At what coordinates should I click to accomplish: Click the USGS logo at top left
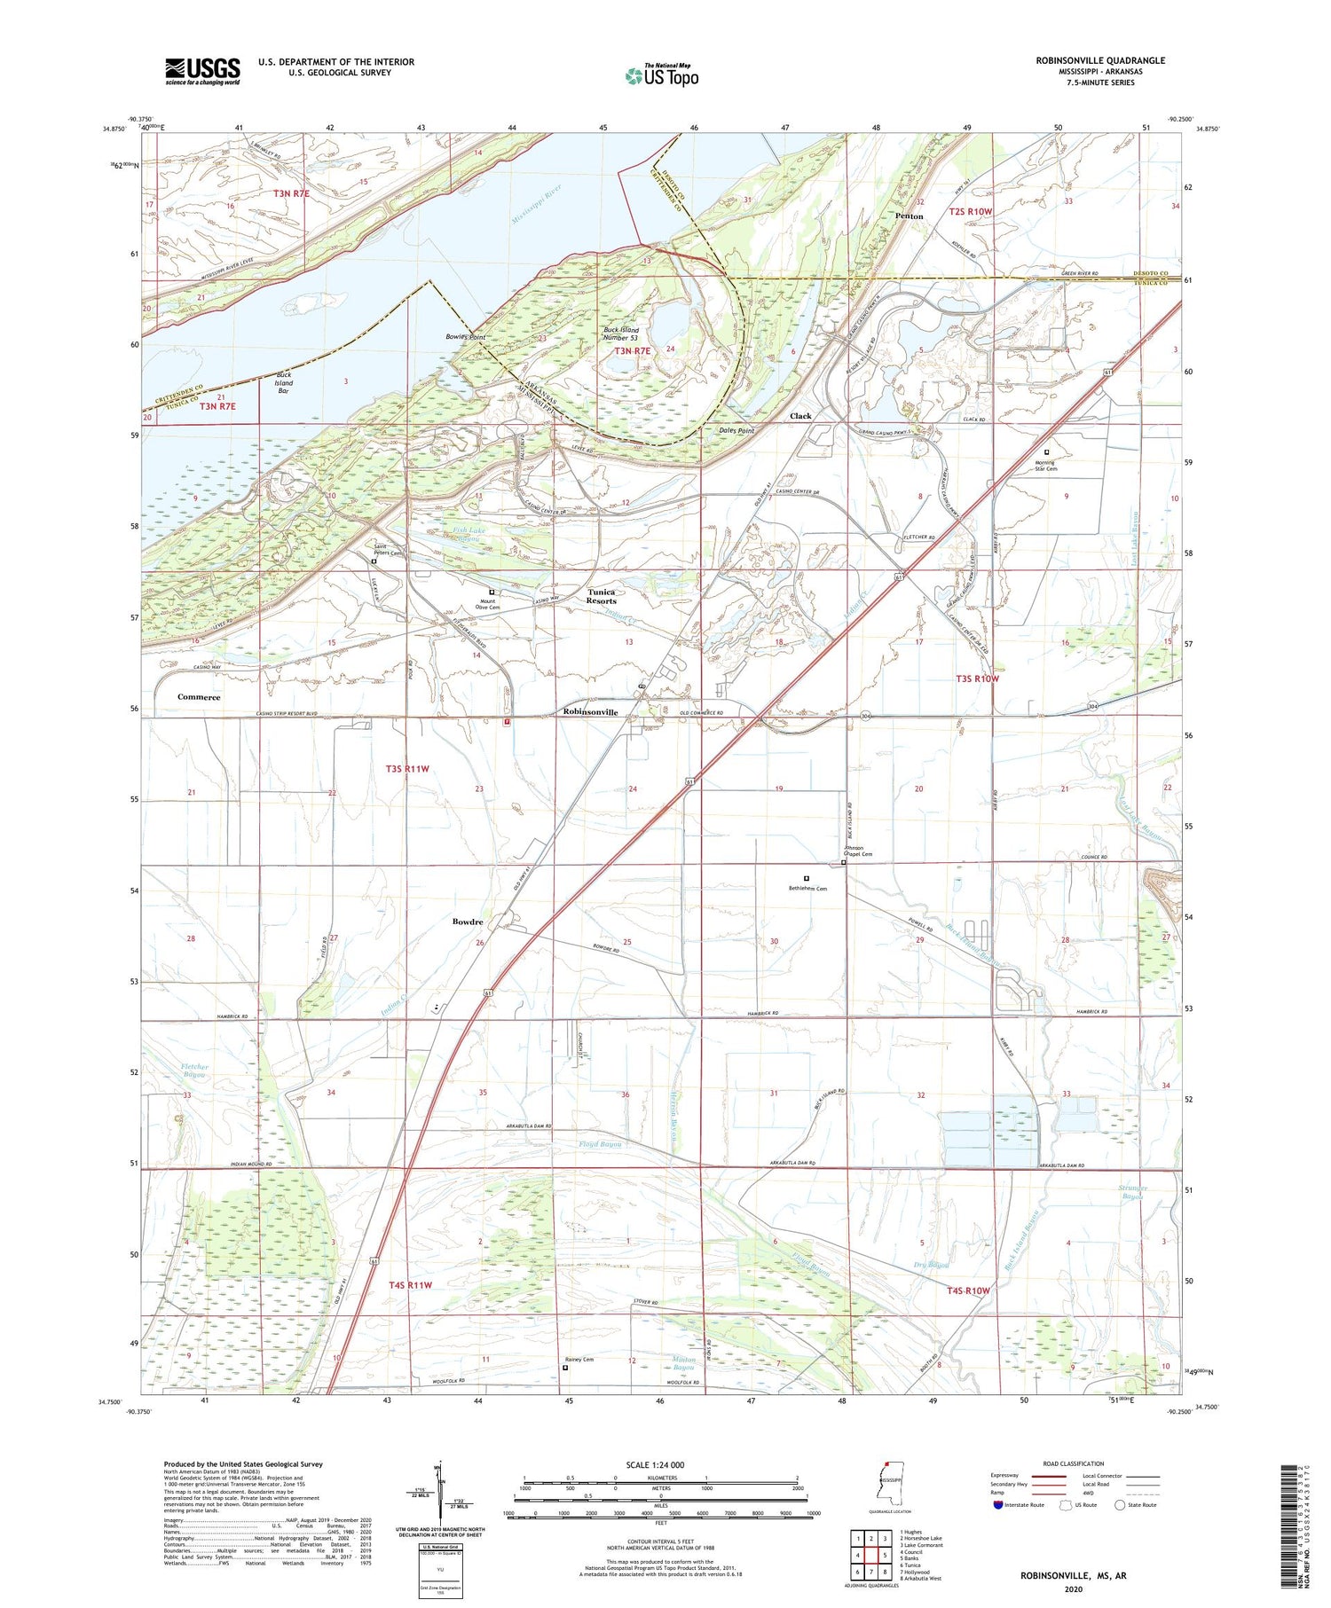pyautogui.click(x=202, y=71)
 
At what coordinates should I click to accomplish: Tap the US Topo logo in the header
pyautogui.click(x=661, y=75)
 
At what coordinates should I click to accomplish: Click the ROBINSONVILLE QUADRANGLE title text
pyautogui.click(x=1088, y=60)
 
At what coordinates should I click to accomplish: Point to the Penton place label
pyautogui.click(x=909, y=216)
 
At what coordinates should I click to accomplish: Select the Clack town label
pyautogui.click(x=800, y=416)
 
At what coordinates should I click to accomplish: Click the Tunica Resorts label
pyautogui.click(x=602, y=596)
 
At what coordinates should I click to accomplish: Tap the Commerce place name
pyautogui.click(x=199, y=697)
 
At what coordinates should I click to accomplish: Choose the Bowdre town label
pyautogui.click(x=468, y=922)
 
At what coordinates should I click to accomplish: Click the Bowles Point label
pyautogui.click(x=465, y=337)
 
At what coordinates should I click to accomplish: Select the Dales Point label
pyautogui.click(x=736, y=430)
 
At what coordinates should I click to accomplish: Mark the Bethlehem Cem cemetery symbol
pyautogui.click(x=807, y=878)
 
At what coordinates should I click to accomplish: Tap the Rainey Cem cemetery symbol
pyautogui.click(x=565, y=1368)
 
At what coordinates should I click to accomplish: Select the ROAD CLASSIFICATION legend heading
pyautogui.click(x=1073, y=1463)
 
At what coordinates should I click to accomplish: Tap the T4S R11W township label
pyautogui.click(x=410, y=1284)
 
